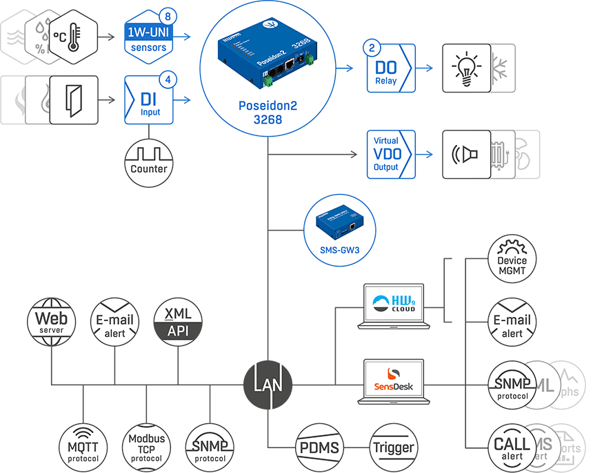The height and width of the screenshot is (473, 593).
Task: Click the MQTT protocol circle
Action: [83, 448]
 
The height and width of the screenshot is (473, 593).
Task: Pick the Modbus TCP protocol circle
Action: [146, 448]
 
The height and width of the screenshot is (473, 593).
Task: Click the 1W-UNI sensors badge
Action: [148, 37]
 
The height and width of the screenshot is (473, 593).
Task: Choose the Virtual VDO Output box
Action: [390, 153]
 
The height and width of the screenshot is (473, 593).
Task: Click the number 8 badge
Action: [167, 16]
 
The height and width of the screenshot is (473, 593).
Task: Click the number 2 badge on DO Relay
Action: [373, 48]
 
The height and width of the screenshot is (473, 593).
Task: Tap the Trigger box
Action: [394, 447]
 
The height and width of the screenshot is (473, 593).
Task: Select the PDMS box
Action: [319, 447]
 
